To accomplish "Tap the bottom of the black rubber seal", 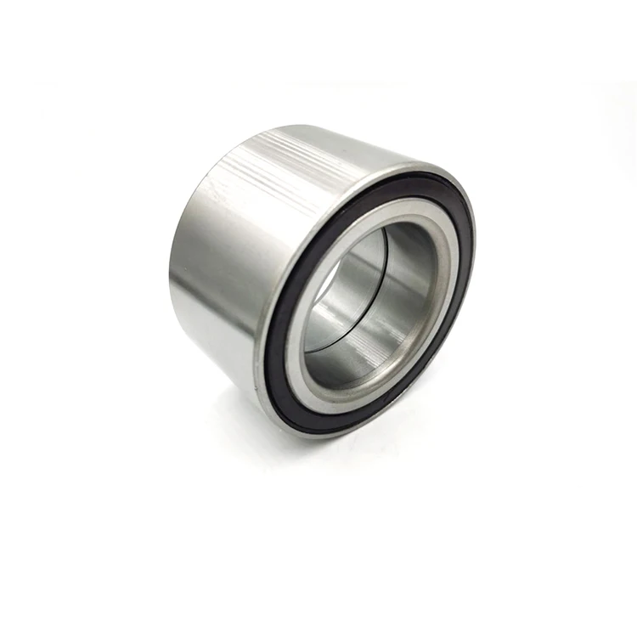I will tap(348, 422).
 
